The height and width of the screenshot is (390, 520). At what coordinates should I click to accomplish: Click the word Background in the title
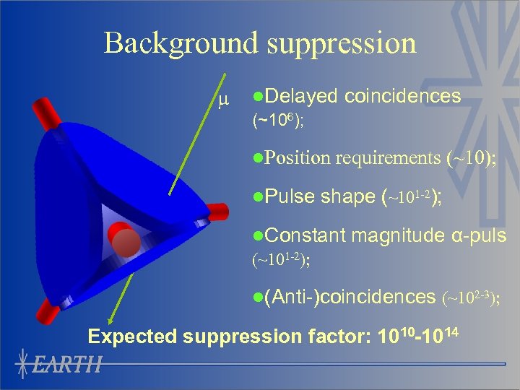(181, 43)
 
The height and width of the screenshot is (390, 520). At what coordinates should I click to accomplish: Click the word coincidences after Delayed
(403, 96)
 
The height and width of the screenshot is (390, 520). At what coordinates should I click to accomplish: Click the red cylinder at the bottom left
(48, 312)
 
